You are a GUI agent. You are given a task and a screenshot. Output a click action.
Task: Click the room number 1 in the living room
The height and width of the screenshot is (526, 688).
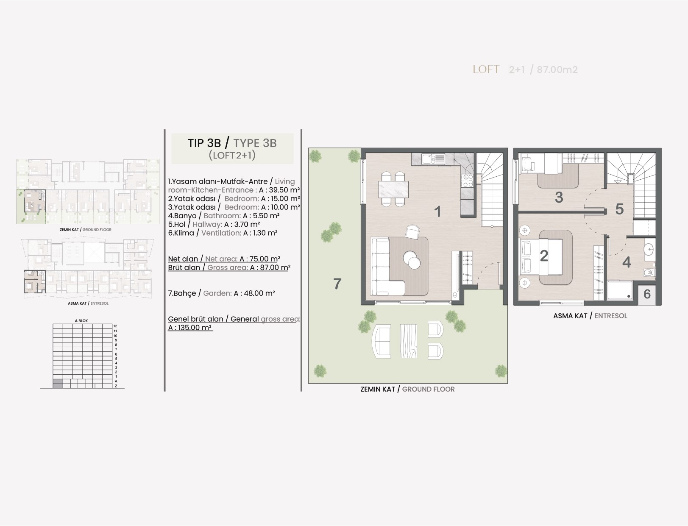(x=438, y=212)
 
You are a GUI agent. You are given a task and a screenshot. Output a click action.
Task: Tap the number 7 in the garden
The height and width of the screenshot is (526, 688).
(x=337, y=284)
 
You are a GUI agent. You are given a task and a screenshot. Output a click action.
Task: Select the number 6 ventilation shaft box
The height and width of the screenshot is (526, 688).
(x=647, y=294)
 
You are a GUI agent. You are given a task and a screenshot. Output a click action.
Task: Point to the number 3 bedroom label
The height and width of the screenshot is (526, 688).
(x=559, y=198)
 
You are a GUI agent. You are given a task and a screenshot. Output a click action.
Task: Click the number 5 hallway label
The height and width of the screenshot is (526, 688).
(x=619, y=209)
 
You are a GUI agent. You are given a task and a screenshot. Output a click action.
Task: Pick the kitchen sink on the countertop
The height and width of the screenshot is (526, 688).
(x=433, y=159)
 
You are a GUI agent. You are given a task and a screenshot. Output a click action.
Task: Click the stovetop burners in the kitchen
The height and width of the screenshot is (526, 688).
(x=468, y=181)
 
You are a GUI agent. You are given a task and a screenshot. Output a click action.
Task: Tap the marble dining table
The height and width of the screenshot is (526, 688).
(x=393, y=189)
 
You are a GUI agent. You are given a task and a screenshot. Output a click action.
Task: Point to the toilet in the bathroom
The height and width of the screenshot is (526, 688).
(x=649, y=273)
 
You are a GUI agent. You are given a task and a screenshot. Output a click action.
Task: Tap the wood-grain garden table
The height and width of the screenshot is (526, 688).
(x=409, y=341)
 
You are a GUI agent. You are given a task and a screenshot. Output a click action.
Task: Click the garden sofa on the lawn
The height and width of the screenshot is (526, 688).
(x=382, y=341)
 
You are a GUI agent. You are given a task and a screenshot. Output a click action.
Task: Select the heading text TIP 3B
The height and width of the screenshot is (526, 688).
(x=204, y=143)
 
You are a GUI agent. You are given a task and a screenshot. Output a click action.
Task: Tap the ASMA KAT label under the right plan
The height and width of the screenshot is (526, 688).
(x=570, y=316)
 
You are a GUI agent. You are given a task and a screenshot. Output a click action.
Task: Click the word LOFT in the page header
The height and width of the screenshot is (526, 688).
(x=486, y=69)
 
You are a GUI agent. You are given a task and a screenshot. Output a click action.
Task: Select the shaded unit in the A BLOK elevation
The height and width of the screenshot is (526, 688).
(x=58, y=384)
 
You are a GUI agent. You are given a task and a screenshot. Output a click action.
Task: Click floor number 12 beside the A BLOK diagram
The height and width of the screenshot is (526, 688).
(x=115, y=326)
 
